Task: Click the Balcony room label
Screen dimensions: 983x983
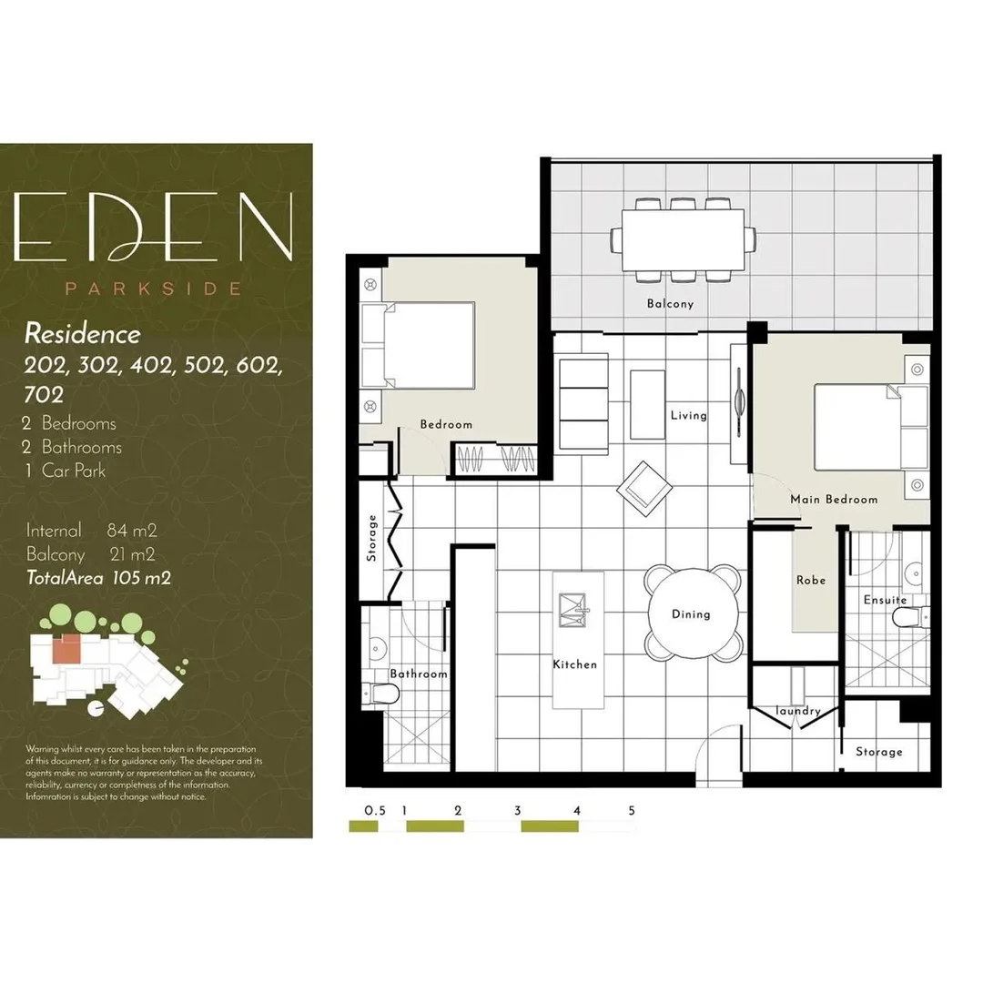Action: click(670, 304)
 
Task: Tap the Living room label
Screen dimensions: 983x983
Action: click(688, 416)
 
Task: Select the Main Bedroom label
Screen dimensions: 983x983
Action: click(834, 500)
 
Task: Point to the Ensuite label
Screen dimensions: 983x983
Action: click(885, 601)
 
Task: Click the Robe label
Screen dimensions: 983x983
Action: click(810, 581)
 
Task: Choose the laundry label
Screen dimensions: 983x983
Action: click(798, 711)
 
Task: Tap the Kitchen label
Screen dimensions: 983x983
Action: click(575, 664)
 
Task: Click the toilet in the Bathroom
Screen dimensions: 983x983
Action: click(382, 694)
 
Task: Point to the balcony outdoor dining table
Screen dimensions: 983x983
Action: click(684, 239)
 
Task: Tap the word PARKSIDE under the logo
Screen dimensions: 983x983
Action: click(153, 289)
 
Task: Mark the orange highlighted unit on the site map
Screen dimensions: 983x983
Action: click(66, 648)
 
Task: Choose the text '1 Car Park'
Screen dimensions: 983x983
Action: click(66, 471)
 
